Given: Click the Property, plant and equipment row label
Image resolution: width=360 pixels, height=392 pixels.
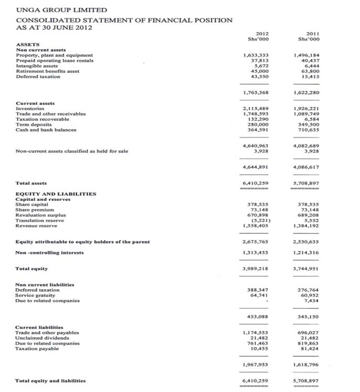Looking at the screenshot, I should [54, 55].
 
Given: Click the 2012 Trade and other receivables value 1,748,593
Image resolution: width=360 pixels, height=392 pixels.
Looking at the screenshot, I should [256, 114].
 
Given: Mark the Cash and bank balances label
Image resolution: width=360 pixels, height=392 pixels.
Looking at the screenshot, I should [46, 129].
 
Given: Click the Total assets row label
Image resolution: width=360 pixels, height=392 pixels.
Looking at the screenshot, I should [31, 183].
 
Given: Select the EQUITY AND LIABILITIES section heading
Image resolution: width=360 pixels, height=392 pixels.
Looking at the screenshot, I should [56, 194].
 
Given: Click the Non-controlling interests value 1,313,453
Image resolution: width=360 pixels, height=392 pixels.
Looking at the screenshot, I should [256, 252].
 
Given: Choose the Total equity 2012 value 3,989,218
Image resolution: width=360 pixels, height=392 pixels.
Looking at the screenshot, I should [256, 268].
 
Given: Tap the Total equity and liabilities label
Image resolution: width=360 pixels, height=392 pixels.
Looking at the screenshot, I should [50, 381].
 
